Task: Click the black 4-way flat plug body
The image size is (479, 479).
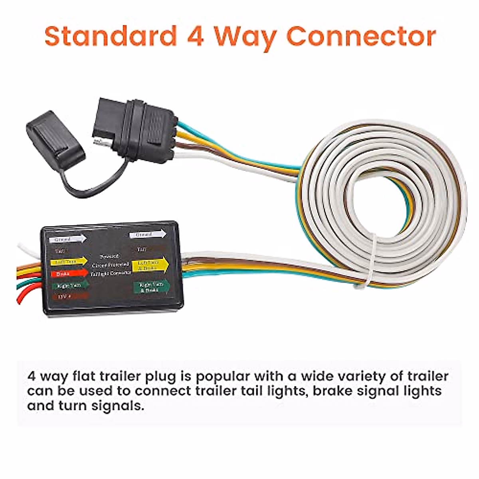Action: click(x=136, y=126)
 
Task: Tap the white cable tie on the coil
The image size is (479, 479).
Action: click(x=371, y=259)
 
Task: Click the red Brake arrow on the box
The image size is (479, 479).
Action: click(x=69, y=274)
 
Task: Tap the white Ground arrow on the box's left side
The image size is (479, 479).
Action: click(x=67, y=239)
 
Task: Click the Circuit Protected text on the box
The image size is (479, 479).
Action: click(x=110, y=265)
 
